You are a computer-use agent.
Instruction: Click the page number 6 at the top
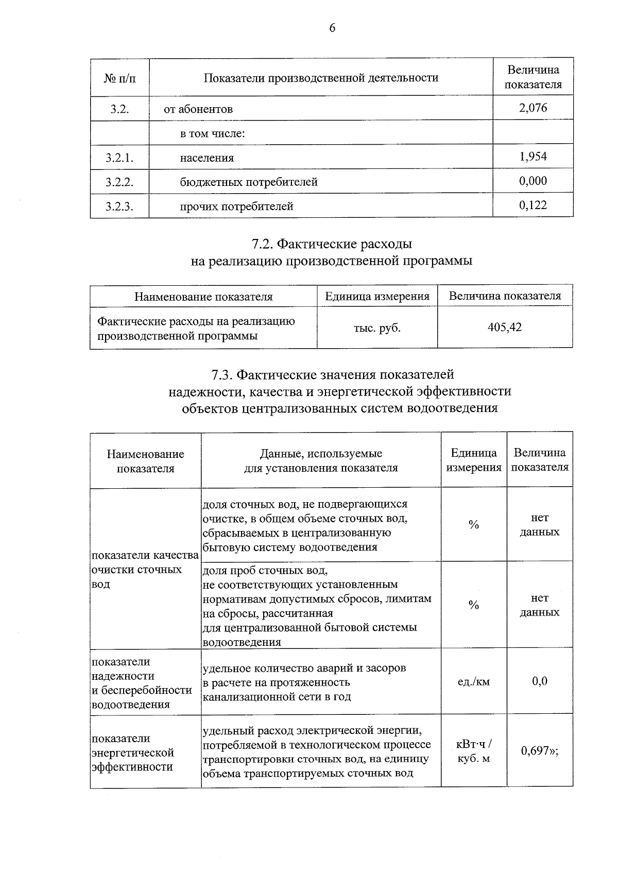click(x=332, y=28)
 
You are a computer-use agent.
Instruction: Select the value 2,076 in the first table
click(x=533, y=108)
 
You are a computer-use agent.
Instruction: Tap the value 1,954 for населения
click(x=533, y=157)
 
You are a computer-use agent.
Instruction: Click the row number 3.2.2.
click(x=119, y=182)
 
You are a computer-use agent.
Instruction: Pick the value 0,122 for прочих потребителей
click(x=533, y=205)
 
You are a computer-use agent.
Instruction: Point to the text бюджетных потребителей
click(x=249, y=182)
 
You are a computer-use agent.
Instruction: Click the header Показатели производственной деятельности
click(x=321, y=78)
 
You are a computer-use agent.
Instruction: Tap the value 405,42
click(x=505, y=328)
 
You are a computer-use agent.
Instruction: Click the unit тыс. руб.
click(x=377, y=328)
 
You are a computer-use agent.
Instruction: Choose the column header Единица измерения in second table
click(x=377, y=296)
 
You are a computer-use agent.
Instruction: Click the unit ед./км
click(x=474, y=682)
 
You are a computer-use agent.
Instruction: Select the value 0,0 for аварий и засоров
click(x=540, y=681)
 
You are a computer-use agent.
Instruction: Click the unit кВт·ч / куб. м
click(x=474, y=751)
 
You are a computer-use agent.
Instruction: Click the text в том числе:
click(x=212, y=133)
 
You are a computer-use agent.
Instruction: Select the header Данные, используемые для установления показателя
click(x=320, y=460)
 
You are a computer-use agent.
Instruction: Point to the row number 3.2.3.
click(x=119, y=207)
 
